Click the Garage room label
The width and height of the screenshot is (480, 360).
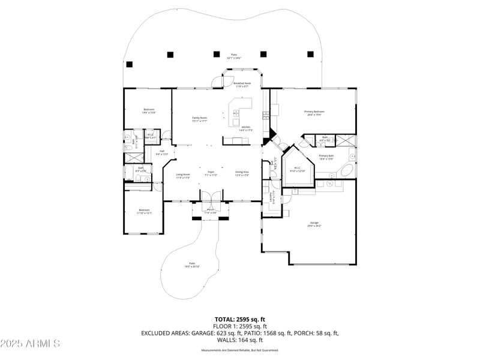pos(315,224)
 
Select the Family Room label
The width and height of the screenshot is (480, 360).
pos(199,119)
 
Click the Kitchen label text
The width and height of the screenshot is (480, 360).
pos(246,128)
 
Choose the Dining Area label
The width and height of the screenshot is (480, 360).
pos(242,173)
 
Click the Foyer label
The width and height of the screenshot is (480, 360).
pos(211,173)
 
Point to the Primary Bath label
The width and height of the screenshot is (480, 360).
pos(326,157)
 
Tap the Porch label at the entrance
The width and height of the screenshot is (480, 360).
pos(210,211)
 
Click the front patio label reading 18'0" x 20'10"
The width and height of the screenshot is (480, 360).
pos(192,265)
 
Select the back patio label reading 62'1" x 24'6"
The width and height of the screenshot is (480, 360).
pos(233,56)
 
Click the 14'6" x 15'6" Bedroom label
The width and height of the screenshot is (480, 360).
pos(148,110)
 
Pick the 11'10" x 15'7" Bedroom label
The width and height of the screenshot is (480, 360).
pos(144,211)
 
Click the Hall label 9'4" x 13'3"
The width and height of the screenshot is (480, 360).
pos(161,152)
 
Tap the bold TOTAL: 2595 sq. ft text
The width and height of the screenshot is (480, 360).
pos(240,319)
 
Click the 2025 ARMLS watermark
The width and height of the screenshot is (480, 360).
pos(31,344)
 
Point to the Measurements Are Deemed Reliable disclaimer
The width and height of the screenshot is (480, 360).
pos(240,350)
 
